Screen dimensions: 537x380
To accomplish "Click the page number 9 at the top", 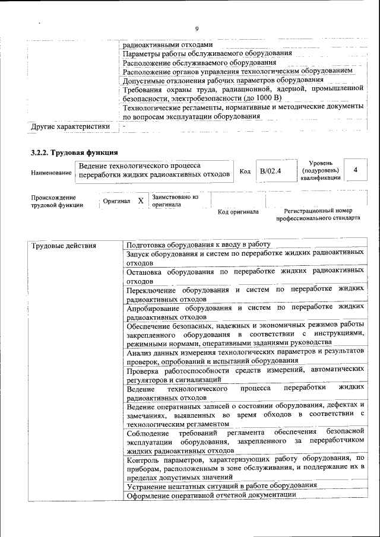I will click(197, 30).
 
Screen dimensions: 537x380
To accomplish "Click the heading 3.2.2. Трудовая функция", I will click(74, 152).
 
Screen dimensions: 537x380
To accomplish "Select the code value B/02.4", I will click(270, 171).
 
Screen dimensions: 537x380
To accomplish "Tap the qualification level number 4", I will click(355, 170).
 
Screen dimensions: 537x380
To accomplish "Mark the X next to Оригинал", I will click(141, 201).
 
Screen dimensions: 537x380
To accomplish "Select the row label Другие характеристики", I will click(71, 126).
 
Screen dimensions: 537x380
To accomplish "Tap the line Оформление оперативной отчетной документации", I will click(211, 495).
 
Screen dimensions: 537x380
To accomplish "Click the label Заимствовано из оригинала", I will click(175, 201).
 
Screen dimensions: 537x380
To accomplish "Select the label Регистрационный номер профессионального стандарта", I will click(318, 214).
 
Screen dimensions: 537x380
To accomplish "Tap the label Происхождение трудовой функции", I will click(53, 201).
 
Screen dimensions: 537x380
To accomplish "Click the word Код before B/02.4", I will click(245, 171).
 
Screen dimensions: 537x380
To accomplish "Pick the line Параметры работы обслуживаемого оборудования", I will click(207, 53).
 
